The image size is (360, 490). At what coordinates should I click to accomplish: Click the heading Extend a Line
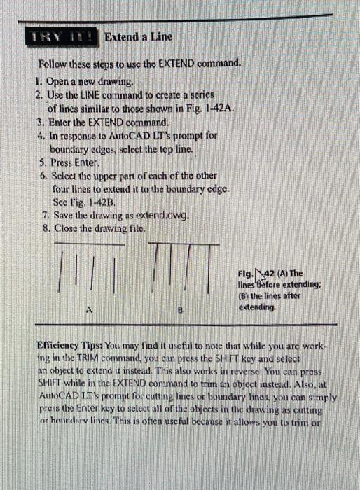click(x=137, y=36)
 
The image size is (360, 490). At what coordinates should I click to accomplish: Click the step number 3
click(x=40, y=121)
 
